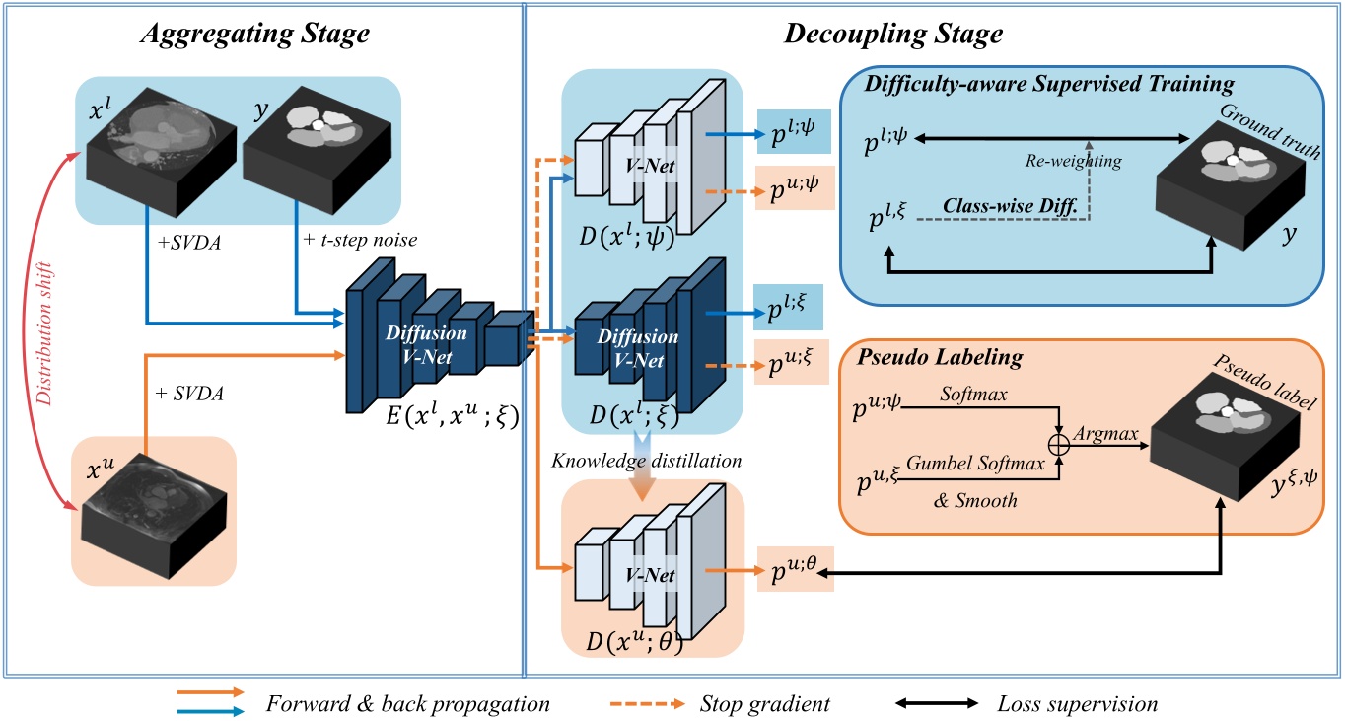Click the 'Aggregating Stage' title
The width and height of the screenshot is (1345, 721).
(255, 34)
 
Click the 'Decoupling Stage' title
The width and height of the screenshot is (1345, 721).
(892, 35)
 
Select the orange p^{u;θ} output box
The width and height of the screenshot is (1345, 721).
(795, 570)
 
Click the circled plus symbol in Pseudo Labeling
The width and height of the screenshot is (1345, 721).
(1059, 445)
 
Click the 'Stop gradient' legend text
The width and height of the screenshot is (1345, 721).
(764, 704)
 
